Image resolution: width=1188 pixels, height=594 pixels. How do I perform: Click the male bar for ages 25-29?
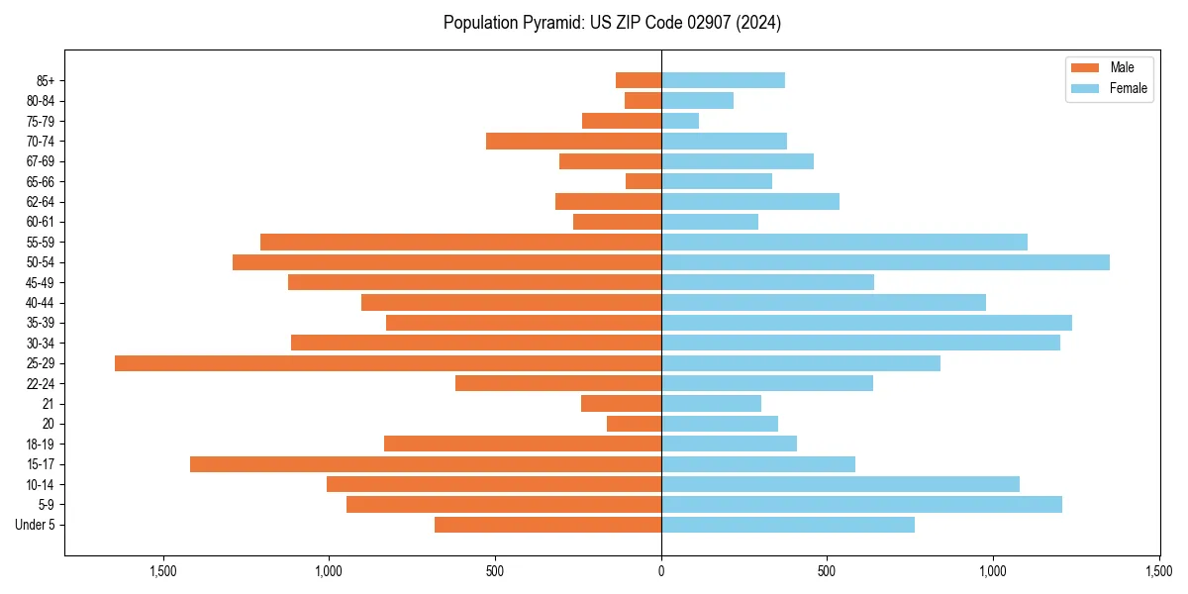pos(388,363)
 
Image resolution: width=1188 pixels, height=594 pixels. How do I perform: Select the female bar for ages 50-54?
pos(885,262)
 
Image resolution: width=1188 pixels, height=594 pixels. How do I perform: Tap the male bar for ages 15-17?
pos(426,464)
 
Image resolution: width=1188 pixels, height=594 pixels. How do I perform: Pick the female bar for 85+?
pos(723,80)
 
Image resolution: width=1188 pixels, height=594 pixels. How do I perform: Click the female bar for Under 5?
pos(788,525)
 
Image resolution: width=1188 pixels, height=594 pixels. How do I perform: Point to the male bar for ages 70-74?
pos(573,142)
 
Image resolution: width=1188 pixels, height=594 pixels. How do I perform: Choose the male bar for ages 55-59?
pos(460,243)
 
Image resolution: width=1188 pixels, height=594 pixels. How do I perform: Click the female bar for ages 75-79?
pos(680,121)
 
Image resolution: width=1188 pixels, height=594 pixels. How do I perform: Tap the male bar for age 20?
pos(634,424)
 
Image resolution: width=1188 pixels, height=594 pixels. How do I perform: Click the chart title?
pos(612,23)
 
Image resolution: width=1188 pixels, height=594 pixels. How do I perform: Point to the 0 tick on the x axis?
pos(661,571)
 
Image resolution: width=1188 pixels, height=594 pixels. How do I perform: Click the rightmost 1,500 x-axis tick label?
pos(1159,571)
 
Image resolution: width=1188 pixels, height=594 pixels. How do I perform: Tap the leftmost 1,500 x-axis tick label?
pos(163,571)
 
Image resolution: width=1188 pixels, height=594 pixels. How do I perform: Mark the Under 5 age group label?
pos(35,525)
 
